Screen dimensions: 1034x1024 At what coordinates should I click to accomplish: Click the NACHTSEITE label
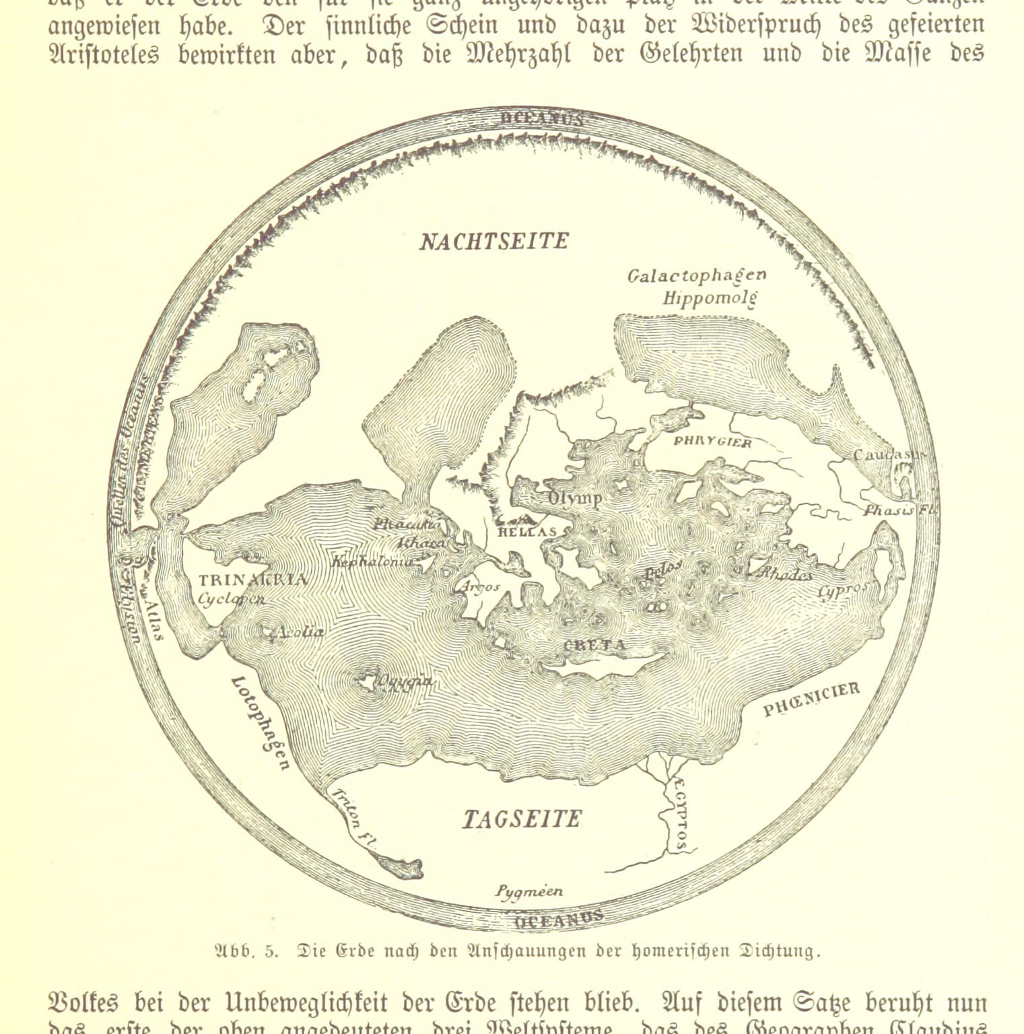click(493, 241)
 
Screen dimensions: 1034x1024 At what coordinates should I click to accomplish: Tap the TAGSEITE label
click(522, 819)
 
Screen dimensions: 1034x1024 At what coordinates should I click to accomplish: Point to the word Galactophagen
click(697, 276)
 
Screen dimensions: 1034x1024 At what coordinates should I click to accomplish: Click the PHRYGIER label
click(712, 442)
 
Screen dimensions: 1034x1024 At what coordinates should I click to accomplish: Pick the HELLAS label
click(527, 532)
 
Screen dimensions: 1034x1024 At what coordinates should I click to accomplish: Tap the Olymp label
click(576, 499)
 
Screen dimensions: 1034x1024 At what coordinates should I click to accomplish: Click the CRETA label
click(594, 646)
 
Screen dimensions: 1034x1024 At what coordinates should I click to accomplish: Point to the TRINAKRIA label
click(254, 580)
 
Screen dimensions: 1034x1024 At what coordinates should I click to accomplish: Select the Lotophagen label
click(260, 722)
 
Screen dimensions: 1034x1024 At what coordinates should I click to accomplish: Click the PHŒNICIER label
click(811, 700)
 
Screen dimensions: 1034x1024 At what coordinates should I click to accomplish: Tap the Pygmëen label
click(529, 892)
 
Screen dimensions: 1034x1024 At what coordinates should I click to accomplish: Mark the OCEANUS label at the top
click(542, 120)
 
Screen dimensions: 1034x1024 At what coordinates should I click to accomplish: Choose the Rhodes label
click(786, 574)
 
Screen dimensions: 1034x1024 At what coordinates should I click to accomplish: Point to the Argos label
click(479, 586)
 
